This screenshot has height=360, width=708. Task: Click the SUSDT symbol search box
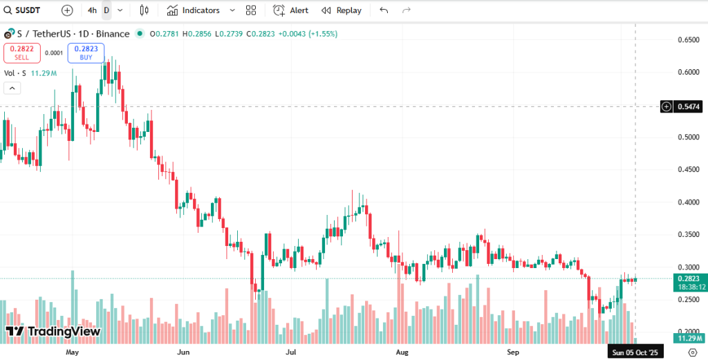click(27, 10)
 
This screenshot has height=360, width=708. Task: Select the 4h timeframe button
click(92, 10)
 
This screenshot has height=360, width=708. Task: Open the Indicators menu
click(194, 10)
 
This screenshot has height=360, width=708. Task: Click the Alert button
click(291, 10)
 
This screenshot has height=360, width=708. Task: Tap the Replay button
click(342, 10)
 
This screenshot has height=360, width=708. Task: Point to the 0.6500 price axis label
click(689, 40)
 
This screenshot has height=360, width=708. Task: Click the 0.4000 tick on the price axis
click(689, 202)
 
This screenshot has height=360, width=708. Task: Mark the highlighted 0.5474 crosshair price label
click(689, 106)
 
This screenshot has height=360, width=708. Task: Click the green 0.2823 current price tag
click(689, 278)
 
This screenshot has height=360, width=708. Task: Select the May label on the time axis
click(73, 352)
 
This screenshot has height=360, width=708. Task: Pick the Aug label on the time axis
click(402, 352)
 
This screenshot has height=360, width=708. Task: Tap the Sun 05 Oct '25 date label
click(635, 352)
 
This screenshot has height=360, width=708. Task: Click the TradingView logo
click(54, 332)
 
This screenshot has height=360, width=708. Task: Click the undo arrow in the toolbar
click(384, 10)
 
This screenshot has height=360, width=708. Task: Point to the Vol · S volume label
click(15, 73)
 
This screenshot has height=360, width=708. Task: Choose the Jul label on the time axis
click(291, 352)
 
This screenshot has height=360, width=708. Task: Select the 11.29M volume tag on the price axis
click(689, 338)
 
